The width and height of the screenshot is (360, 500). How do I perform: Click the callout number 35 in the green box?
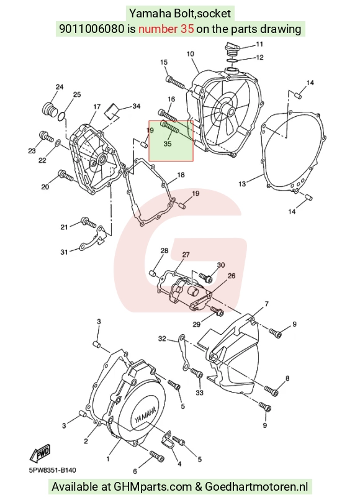coord(168,144)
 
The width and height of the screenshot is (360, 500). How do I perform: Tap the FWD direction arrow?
coord(40,453)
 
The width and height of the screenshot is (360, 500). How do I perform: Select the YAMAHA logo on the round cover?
coord(145,414)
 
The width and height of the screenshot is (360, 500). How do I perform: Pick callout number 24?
coord(60,87)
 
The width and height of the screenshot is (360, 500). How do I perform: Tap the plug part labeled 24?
coord(50,110)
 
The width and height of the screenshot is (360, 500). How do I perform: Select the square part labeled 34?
coord(112,111)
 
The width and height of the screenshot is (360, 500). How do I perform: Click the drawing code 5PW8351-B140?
coord(53,470)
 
